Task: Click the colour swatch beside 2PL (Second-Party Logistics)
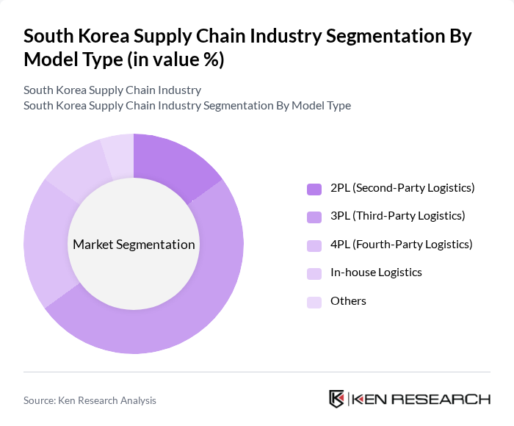[314, 189]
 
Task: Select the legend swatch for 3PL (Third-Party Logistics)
[314, 217]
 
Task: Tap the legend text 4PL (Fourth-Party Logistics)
[402, 244]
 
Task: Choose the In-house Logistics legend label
[376, 272]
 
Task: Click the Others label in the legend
[348, 300]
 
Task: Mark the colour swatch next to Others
[314, 301]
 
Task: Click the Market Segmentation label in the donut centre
[134, 245]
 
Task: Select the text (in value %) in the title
[175, 60]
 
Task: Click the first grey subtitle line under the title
[112, 90]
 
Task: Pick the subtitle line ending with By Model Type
[187, 105]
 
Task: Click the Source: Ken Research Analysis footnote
[90, 400]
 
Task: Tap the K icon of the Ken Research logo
[336, 399]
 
